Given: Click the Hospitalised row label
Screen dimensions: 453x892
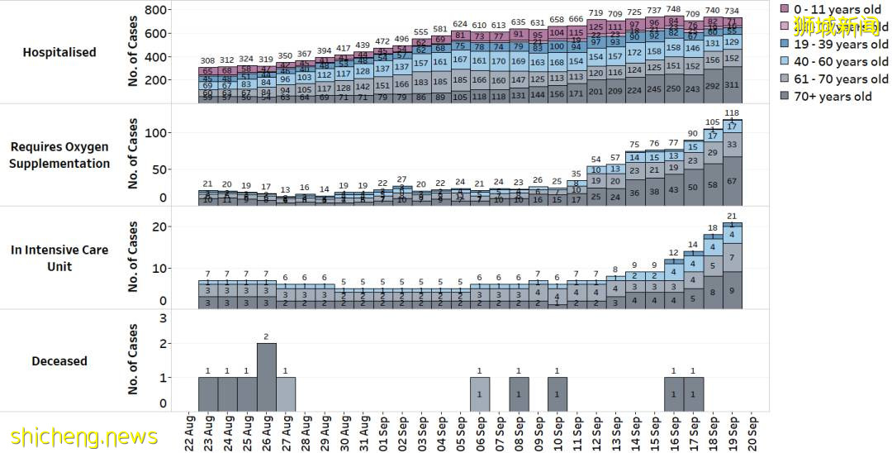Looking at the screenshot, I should click(x=59, y=52).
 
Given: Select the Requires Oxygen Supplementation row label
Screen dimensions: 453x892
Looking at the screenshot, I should click(x=59, y=155).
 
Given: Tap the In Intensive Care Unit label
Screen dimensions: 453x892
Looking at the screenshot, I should click(x=59, y=258).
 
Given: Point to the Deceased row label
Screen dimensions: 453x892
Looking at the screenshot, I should click(x=59, y=361).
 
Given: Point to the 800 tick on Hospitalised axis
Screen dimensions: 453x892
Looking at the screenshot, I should click(x=157, y=10).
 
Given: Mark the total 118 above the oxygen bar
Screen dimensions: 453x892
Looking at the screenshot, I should click(x=732, y=113).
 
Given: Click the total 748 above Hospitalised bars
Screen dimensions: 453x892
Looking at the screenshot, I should click(x=674, y=10).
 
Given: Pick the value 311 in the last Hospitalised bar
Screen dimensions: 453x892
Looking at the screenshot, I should click(x=732, y=85).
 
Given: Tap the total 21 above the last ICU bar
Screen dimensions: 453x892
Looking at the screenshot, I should click(x=732, y=217).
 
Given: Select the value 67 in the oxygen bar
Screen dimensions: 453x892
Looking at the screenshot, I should click(x=732, y=181).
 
